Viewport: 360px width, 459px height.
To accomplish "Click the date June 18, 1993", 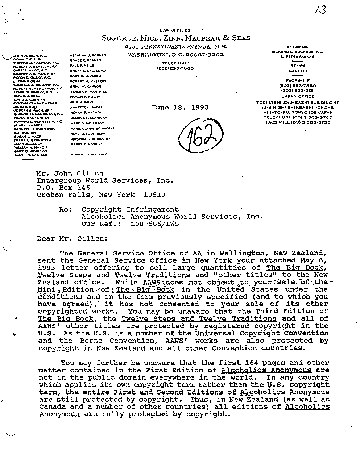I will click(179, 107).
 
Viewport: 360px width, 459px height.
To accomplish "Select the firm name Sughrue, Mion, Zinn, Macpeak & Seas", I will click(175, 38).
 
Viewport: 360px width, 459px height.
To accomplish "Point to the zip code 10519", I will click(154, 195).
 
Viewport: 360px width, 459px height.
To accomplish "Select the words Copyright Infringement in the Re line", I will click(130, 209).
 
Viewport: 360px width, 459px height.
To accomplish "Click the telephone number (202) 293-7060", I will click(175, 68).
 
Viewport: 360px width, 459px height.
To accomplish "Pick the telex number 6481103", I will click(298, 71).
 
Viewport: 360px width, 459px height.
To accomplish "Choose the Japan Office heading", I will click(298, 96).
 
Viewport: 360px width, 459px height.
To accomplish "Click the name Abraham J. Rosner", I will click(87, 55).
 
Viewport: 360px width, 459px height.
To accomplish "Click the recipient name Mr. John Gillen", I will click(70, 173).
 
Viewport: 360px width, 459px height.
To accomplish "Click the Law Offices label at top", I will click(175, 30).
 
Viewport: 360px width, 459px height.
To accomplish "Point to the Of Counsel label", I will click(297, 47).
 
